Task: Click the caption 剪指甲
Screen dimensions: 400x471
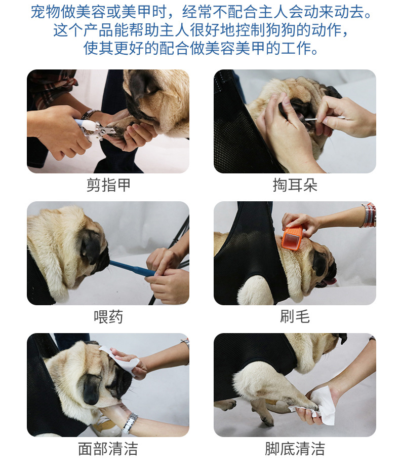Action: [108, 185]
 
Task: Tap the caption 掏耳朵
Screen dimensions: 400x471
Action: [295, 185]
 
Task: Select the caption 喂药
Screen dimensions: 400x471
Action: [108, 316]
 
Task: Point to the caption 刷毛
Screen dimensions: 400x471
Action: [295, 316]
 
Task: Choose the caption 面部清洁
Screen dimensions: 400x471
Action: [108, 449]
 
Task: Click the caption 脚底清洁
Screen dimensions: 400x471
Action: [295, 449]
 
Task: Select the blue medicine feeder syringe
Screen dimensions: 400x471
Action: [132, 268]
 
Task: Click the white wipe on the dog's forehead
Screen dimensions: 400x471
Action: [120, 360]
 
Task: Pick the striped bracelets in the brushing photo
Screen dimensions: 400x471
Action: [369, 215]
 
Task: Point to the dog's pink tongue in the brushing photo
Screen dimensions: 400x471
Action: [331, 281]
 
